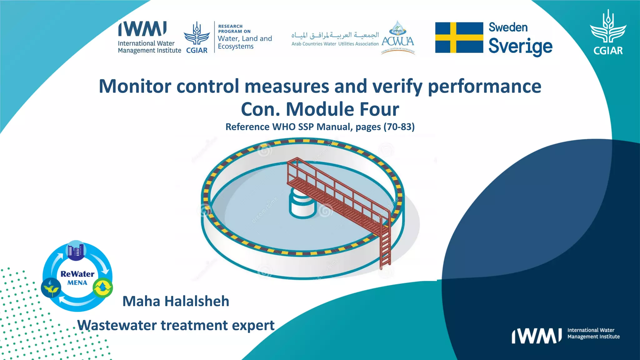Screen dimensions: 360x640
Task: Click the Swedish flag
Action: click(x=459, y=37)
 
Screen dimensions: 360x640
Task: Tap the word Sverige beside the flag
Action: click(x=520, y=46)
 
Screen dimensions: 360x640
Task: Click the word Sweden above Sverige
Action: click(x=508, y=27)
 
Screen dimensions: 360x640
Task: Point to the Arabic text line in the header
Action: click(x=335, y=35)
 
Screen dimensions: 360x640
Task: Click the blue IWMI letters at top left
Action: click(x=142, y=29)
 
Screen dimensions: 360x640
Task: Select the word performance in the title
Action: click(x=484, y=86)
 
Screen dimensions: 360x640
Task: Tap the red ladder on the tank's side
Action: click(x=385, y=244)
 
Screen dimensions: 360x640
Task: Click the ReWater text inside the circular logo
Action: click(x=77, y=274)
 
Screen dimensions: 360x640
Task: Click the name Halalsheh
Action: click(x=197, y=301)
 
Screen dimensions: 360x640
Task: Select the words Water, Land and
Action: click(x=245, y=39)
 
